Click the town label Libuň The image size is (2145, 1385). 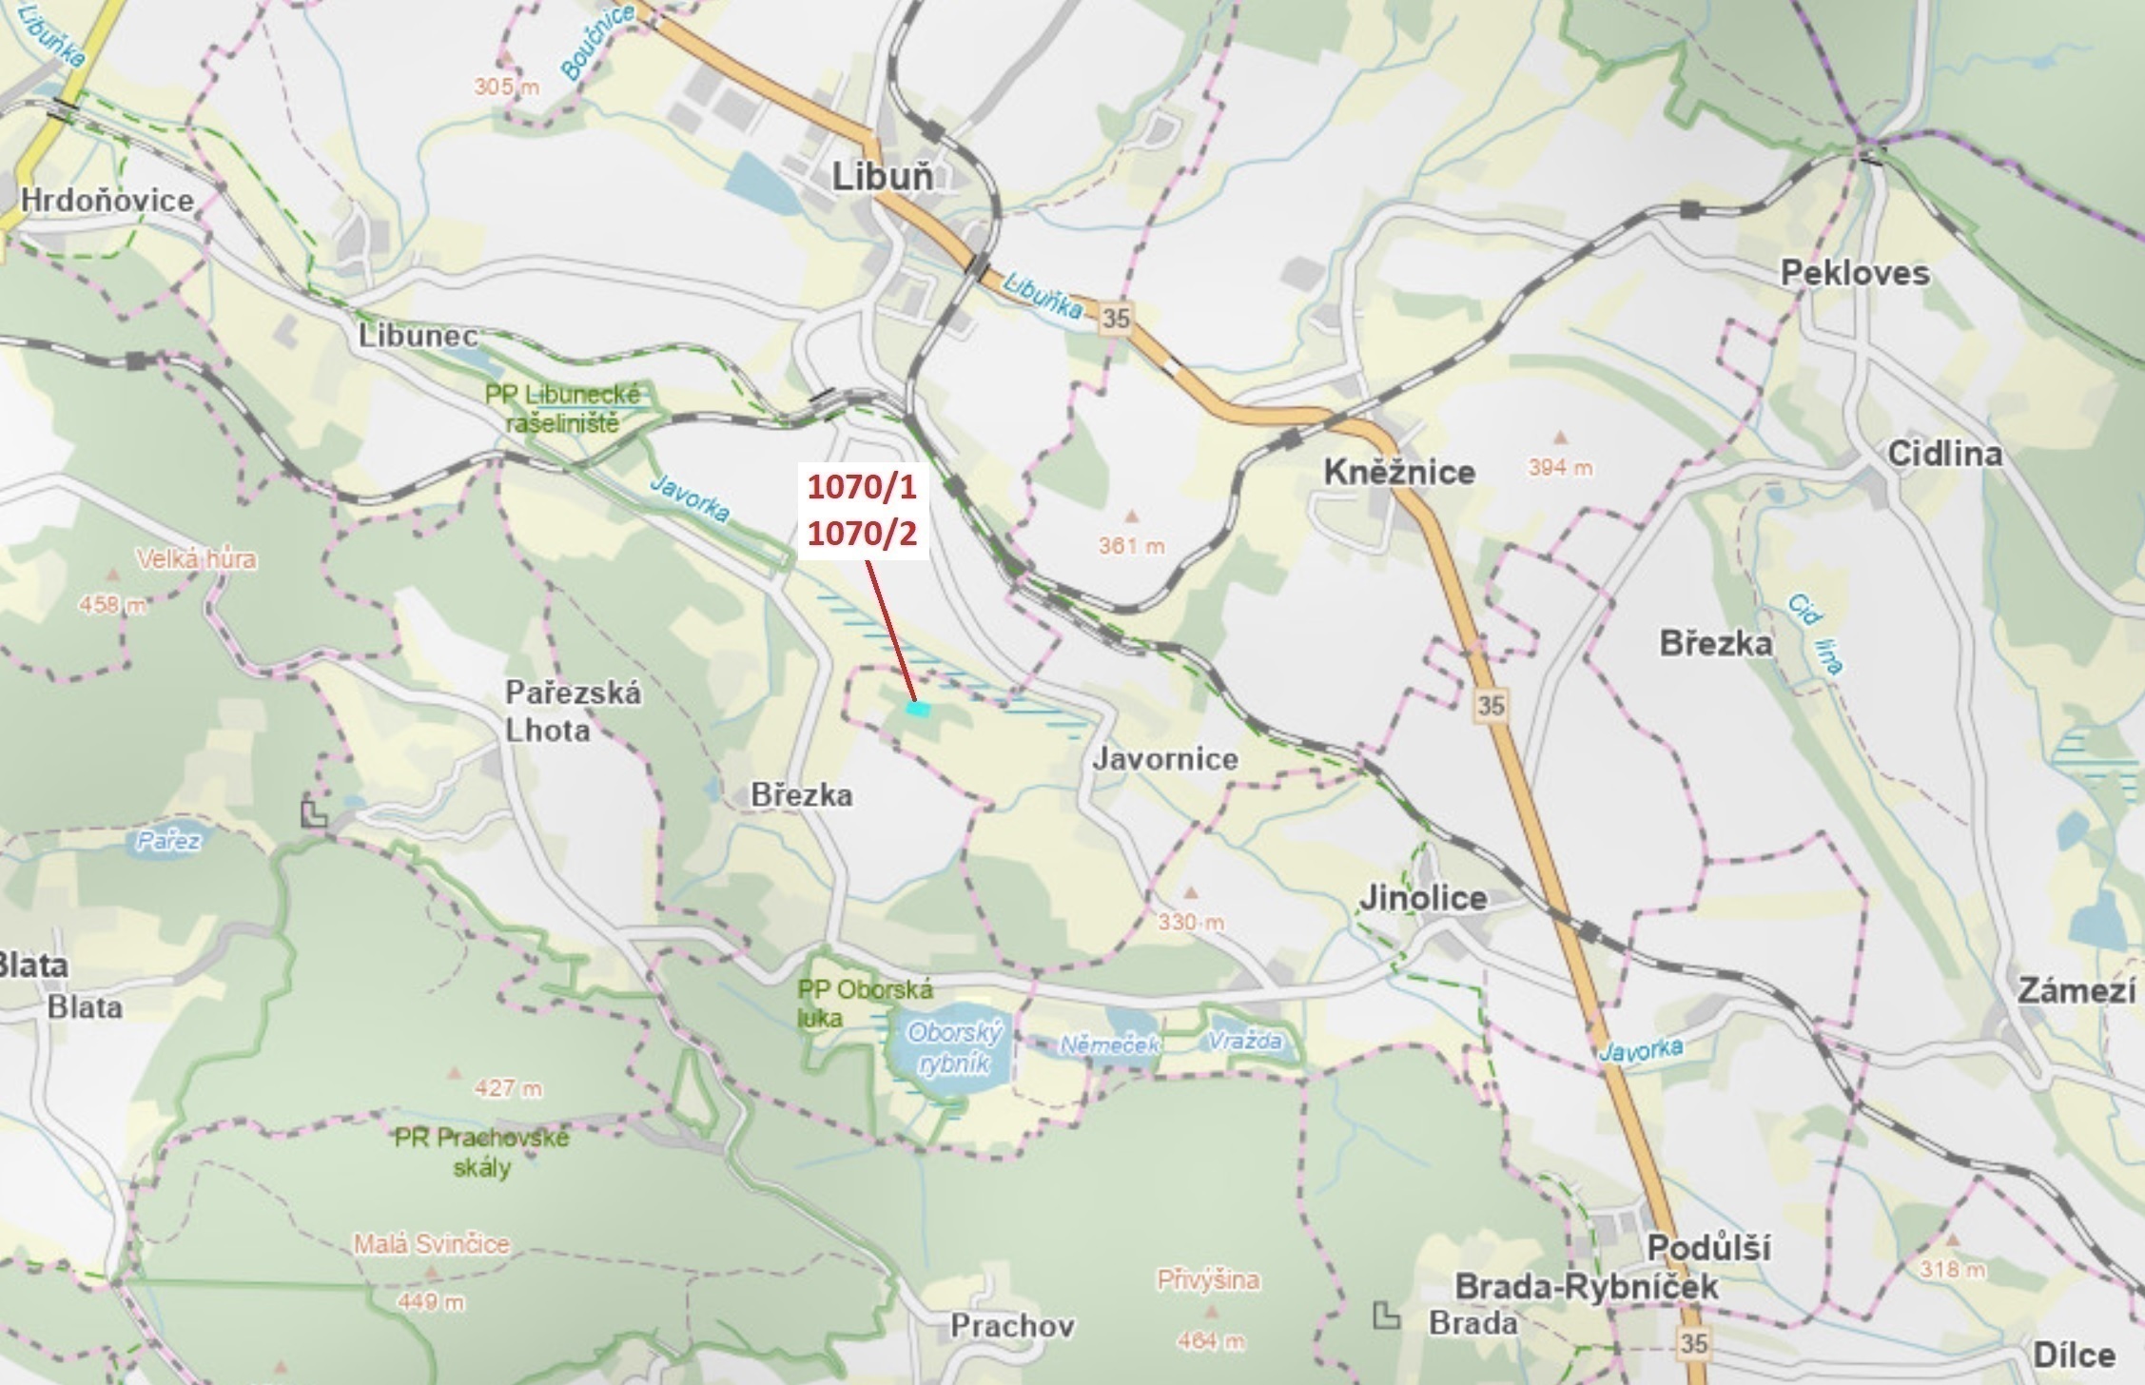(x=882, y=177)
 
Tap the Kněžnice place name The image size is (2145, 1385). (x=1399, y=472)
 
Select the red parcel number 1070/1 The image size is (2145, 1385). (x=861, y=487)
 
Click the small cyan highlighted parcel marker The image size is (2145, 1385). (x=917, y=708)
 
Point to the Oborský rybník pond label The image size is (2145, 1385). (x=949, y=1047)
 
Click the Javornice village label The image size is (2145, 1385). (x=1164, y=759)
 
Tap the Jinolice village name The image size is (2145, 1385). (x=1422, y=897)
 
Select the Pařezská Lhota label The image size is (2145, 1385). (x=573, y=711)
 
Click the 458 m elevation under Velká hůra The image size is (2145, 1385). (x=114, y=604)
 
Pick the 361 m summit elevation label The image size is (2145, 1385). (x=1131, y=546)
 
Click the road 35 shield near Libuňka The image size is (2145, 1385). (x=1115, y=318)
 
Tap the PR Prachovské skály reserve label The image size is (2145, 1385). (x=482, y=1152)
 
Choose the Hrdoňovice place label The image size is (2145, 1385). (x=107, y=200)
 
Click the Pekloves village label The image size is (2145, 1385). (x=1854, y=274)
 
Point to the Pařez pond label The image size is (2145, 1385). (x=167, y=841)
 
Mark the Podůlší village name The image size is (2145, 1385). (x=1708, y=1247)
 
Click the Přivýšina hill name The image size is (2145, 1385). (x=1208, y=1280)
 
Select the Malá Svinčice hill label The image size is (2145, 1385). (x=431, y=1243)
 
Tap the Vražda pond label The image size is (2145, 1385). (x=1244, y=1042)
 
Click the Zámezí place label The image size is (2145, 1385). (x=2077, y=991)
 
